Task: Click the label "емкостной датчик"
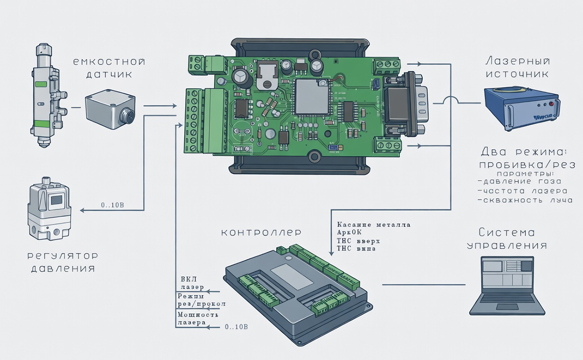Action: pos(109,68)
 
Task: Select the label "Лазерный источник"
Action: pos(517,68)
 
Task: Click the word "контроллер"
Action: pos(261,233)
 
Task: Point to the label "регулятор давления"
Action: pos(63,262)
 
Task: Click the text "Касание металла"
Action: pos(373,225)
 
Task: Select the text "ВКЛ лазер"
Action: pos(192,283)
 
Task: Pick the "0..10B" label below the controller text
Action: pos(237,327)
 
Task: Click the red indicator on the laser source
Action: pos(551,104)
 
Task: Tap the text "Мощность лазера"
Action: pos(194,319)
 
